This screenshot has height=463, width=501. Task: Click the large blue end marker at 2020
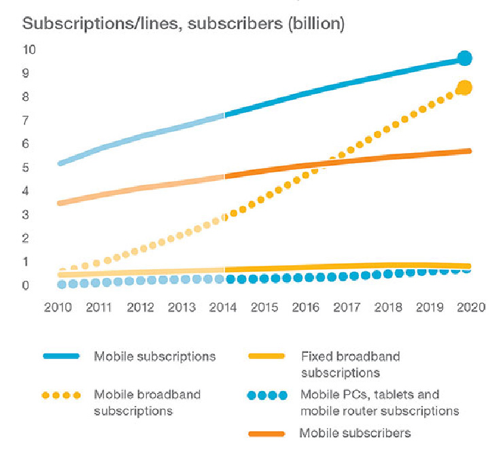click(x=464, y=58)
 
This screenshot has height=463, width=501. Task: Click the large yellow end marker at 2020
click(x=465, y=88)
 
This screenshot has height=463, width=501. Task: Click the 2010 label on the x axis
click(x=58, y=307)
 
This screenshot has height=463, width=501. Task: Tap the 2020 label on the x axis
click(x=471, y=307)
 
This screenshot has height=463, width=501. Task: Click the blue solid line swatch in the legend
click(x=61, y=356)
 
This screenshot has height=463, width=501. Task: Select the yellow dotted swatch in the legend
click(x=61, y=394)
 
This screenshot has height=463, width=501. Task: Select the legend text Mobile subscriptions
click(x=155, y=356)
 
